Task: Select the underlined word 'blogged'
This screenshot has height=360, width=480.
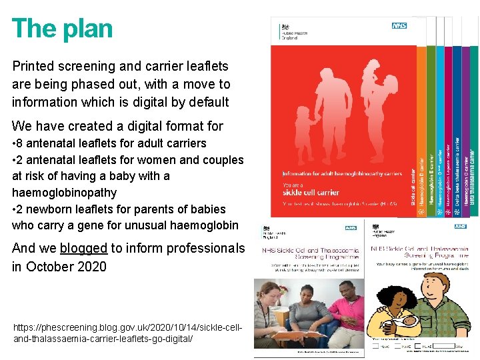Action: pyautogui.click(x=83, y=248)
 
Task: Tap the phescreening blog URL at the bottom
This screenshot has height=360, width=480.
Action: pyautogui.click(x=127, y=333)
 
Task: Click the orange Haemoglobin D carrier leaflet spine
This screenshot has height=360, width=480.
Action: pyautogui.click(x=422, y=180)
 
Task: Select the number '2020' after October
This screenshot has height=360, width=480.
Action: pyautogui.click(x=92, y=267)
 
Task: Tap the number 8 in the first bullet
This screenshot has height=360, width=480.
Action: pyautogui.click(x=22, y=143)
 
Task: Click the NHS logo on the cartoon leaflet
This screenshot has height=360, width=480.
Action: pyautogui.click(x=460, y=227)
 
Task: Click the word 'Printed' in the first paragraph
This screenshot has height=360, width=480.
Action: pyautogui.click(x=34, y=66)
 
